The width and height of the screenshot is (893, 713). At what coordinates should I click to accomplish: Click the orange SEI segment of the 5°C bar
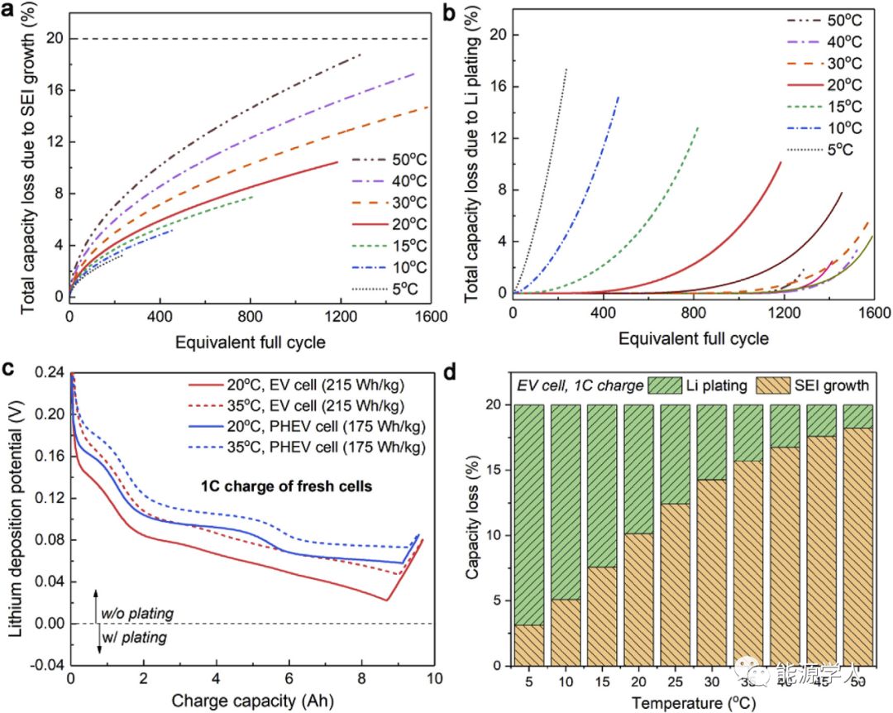coord(528,645)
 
